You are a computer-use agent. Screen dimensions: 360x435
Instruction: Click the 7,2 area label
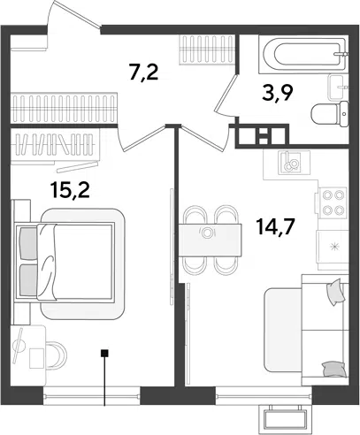point(143,72)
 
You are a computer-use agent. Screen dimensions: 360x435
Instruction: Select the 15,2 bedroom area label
point(70,190)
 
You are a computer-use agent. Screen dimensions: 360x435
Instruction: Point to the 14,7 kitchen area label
point(275,227)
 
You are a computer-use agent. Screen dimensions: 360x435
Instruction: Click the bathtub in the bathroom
point(303,54)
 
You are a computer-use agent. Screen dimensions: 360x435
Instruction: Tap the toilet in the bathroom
point(330,114)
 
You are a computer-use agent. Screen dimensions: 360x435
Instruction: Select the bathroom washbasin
point(338,88)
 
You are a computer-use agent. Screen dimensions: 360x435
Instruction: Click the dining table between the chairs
point(211,240)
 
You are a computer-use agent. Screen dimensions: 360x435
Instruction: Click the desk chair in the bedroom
point(57,355)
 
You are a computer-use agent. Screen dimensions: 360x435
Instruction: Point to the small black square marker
point(104,353)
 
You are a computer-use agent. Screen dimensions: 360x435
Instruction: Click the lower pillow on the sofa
point(334,370)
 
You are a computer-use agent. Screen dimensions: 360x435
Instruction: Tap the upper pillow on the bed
point(28,243)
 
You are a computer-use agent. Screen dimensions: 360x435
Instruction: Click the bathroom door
point(227,95)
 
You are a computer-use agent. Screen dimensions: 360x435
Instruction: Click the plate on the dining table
point(207,233)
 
